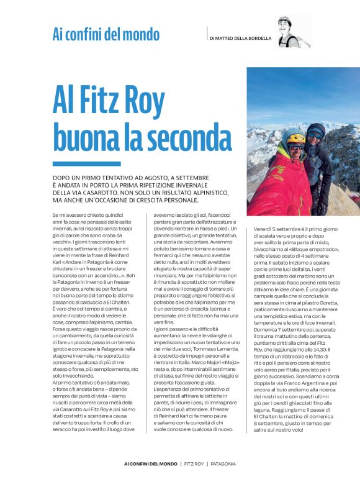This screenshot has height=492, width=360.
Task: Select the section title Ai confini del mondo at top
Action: pos(106,34)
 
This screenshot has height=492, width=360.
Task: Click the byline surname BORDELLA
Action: pos(258,38)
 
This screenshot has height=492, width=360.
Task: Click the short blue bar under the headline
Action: pos(78,163)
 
